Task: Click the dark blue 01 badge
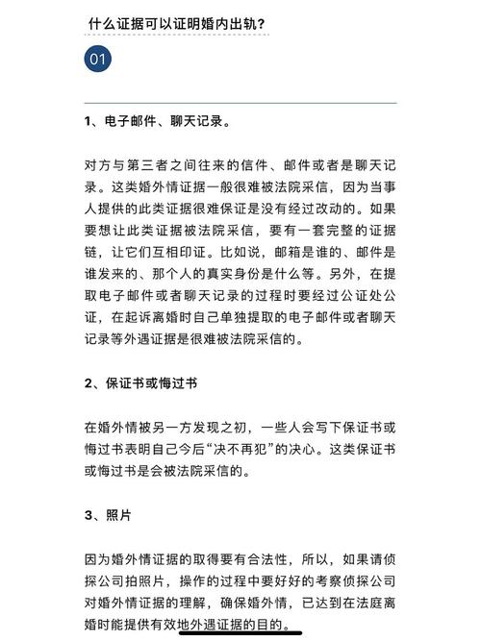click(x=97, y=61)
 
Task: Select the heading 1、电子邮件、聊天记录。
click(x=156, y=122)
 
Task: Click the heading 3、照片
click(x=107, y=514)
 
